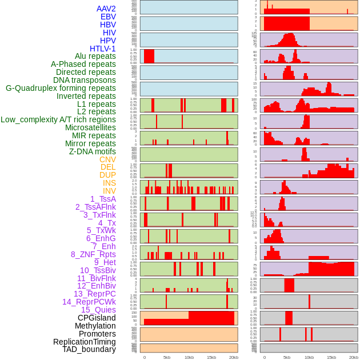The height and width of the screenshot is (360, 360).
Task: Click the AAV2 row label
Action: pyautogui.click(x=106, y=9)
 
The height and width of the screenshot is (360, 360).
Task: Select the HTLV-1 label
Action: pyautogui.click(x=102, y=49)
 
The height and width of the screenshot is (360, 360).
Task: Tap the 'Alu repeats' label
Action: pyautogui.click(x=95, y=56)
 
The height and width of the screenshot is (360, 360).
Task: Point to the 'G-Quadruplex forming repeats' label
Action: pyautogui.click(x=61, y=88)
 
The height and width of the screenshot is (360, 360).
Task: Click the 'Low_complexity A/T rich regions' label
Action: pyautogui.click(x=58, y=119)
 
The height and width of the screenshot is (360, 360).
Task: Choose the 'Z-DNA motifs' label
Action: pyautogui.click(x=92, y=151)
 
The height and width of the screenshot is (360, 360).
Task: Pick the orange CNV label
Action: pyautogui.click(x=107, y=159)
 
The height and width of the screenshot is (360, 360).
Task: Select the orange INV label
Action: pyautogui.click(x=109, y=191)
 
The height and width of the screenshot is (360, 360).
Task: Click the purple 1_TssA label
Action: pyautogui.click(x=103, y=199)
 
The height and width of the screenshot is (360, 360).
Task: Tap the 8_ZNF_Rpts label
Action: pyautogui.click(x=93, y=254)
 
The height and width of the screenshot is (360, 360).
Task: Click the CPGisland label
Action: pyautogui.click(x=97, y=318)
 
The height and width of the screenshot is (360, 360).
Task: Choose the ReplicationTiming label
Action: pyautogui.click(x=84, y=342)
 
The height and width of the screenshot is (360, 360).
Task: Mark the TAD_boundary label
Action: pyautogui.click(x=89, y=349)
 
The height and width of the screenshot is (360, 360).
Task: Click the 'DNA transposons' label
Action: pyautogui.click(x=85, y=80)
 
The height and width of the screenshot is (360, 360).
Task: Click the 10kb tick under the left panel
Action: pyautogui.click(x=189, y=357)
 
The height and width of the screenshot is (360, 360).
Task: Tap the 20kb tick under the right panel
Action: pyautogui.click(x=354, y=357)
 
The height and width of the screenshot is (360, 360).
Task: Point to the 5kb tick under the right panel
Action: pyautogui.click(x=286, y=357)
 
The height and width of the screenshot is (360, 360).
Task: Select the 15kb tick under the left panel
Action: pyautogui.click(x=211, y=357)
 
